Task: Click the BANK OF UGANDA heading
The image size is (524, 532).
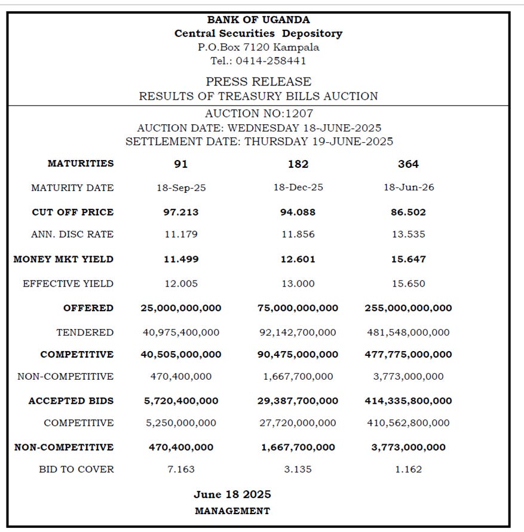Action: [259, 20]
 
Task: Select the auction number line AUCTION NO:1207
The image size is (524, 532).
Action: [259, 113]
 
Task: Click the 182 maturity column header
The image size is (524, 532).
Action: [298, 164]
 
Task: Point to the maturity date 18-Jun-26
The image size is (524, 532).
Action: [409, 187]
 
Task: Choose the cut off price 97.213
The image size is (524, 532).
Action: [180, 212]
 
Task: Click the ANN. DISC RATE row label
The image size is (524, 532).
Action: [72, 235]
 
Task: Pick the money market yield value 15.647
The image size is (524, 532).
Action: [409, 260]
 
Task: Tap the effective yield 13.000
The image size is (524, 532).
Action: [298, 284]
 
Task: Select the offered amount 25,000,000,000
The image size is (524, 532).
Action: [180, 308]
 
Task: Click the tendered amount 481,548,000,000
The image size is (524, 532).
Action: [408, 333]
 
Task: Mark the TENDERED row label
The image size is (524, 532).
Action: [85, 333]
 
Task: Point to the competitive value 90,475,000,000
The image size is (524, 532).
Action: [298, 355]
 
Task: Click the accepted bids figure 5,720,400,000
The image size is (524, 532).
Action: [180, 401]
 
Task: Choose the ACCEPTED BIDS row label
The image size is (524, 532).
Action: [71, 401]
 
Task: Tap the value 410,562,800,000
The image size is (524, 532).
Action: [408, 423]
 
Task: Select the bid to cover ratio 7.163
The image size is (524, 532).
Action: [180, 469]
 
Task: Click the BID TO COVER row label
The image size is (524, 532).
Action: [76, 469]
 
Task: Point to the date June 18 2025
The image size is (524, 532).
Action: [232, 494]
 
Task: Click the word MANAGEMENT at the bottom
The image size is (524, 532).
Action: [232, 511]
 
